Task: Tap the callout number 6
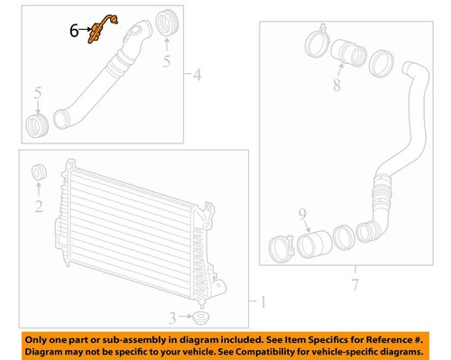(x=73, y=30)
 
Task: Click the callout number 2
(x=38, y=207)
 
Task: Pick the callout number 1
(x=262, y=301)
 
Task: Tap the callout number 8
(x=336, y=87)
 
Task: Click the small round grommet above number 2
(x=39, y=172)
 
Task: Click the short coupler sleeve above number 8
(x=346, y=51)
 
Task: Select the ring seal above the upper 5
(x=165, y=23)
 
